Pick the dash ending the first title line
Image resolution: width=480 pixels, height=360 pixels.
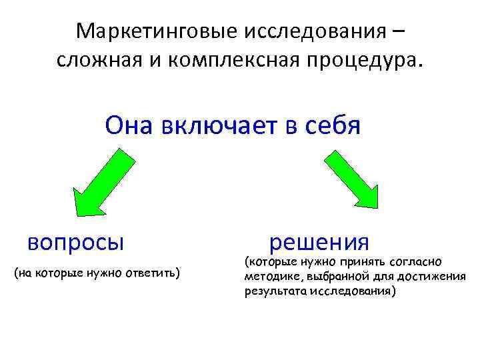click(398, 32)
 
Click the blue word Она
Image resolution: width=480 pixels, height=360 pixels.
click(127, 125)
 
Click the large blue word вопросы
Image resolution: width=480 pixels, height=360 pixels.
click(76, 241)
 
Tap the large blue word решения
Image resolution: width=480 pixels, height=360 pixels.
click(319, 241)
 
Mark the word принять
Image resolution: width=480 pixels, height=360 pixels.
click(358, 263)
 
